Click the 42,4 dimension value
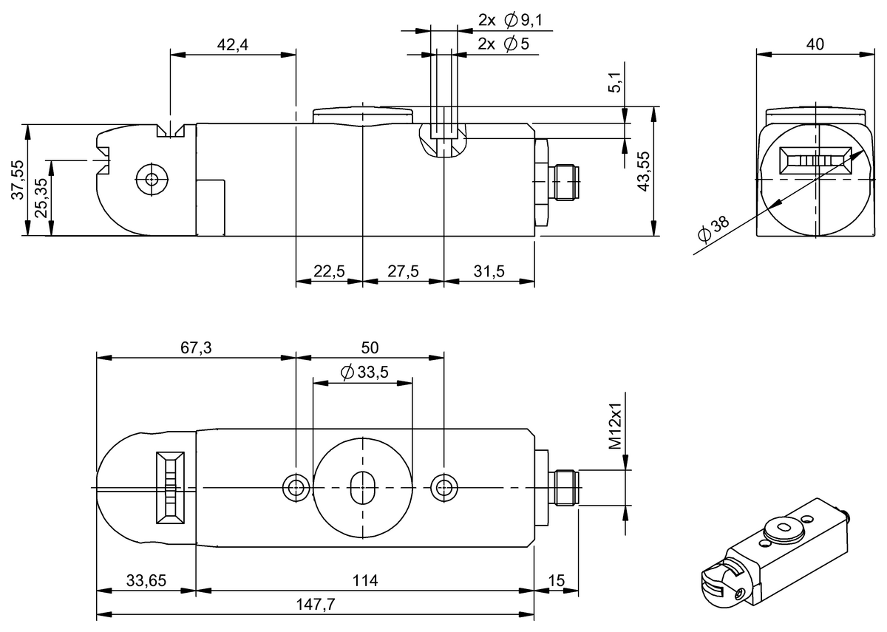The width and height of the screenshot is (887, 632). coord(232,45)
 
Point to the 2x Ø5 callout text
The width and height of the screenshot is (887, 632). coord(503,44)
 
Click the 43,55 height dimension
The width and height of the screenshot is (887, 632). coord(644,171)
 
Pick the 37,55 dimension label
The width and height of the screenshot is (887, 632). coord(16,180)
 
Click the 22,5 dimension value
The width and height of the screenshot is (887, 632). coord(329,271)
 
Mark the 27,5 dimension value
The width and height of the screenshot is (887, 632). coord(403,271)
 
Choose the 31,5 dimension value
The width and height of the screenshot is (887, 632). coord(489,271)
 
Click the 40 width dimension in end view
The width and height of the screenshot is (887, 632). coord(815,44)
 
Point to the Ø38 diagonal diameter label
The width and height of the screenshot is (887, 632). coord(713,231)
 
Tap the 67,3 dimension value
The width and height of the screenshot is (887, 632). coord(196,348)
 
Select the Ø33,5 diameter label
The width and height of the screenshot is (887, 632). coord(364,373)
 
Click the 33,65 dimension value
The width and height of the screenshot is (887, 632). coord(146,581)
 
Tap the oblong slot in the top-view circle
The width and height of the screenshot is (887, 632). coord(362,487)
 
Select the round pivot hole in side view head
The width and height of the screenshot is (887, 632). coord(152,179)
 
